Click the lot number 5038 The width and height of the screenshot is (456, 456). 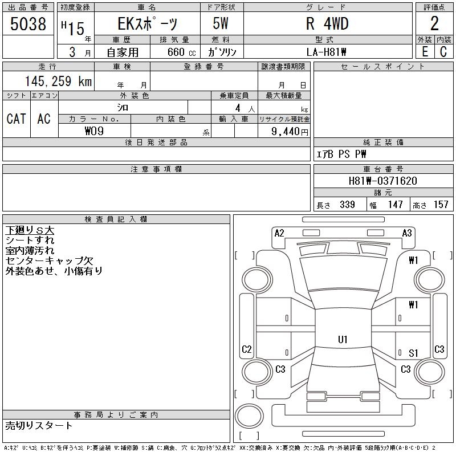tap(28, 24)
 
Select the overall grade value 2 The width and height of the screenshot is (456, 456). tap(434, 23)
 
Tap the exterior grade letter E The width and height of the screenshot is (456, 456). tap(425, 52)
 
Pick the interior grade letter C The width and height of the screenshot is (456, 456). tap(443, 52)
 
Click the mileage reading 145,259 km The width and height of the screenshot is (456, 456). tap(58, 81)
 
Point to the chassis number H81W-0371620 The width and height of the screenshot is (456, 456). tap(382, 181)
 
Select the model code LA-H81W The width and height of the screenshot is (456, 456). tap(326, 52)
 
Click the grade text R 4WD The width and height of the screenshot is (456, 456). tap(327, 24)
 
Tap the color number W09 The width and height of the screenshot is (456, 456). tap(94, 131)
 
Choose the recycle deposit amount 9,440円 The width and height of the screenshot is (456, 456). tap(290, 132)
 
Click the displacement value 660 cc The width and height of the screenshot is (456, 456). tap(181, 52)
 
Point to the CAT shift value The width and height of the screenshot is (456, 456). tap(17, 119)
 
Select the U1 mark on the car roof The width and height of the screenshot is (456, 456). tap(343, 339)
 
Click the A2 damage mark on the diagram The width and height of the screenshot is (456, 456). tap(279, 233)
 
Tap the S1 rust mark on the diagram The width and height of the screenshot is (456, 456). tap(413, 353)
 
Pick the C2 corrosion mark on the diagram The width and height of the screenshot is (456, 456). tap(247, 349)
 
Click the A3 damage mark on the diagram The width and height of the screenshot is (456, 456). tap(407, 233)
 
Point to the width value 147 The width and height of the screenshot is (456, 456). tap(395, 205)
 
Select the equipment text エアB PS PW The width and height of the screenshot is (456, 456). tap(341, 154)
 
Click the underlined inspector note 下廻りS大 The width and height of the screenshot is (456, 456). tap(30, 230)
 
